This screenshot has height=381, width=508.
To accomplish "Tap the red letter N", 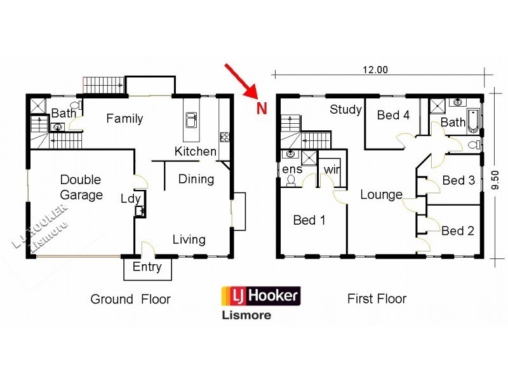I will click(261, 108).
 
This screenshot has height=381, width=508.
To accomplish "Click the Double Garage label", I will click(81, 187).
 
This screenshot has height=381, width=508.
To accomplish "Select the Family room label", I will click(124, 118).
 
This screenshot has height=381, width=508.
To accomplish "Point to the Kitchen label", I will click(196, 152).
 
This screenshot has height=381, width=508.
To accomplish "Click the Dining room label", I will click(196, 179).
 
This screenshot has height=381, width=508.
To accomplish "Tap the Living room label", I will click(189, 239).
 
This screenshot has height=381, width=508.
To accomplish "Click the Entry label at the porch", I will click(147, 267).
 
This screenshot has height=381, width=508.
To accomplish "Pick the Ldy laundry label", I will click(131, 199).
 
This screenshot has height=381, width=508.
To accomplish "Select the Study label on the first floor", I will click(345, 110).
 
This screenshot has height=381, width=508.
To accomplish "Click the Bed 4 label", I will click(393, 115).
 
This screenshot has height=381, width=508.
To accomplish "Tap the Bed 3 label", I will click(458, 180).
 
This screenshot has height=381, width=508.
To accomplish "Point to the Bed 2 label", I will click(457, 231).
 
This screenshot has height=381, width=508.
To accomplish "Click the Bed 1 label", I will click(309, 220).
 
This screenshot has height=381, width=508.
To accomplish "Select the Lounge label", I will click(381, 194).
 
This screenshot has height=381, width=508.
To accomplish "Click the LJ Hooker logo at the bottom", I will click(260, 297).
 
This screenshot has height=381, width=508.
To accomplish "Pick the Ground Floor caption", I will click(130, 299).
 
